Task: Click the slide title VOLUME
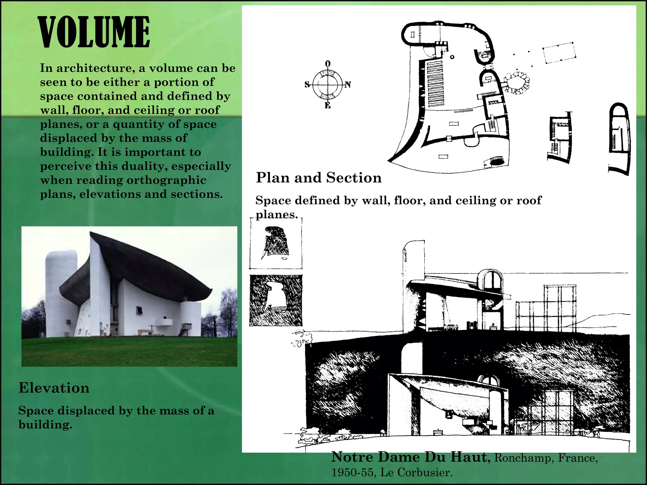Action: coord(94,32)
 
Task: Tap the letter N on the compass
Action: coord(348,85)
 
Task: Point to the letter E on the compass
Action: coord(328,106)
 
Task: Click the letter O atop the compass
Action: coord(328,63)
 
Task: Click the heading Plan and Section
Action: coord(318,178)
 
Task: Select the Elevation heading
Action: coord(54,388)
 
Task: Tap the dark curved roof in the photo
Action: coord(148,268)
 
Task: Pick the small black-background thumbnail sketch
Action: coord(276,300)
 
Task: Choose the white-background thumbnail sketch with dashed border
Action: coord(276,243)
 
